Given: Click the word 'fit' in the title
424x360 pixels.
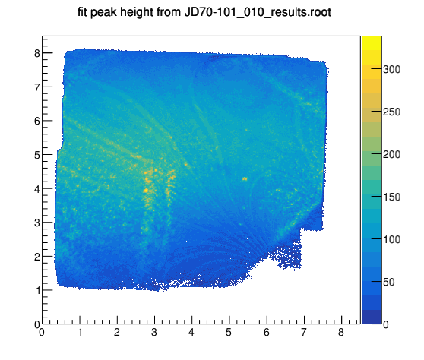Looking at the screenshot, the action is (x=83, y=12).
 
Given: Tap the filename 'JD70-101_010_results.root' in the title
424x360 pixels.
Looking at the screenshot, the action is (x=258, y=13).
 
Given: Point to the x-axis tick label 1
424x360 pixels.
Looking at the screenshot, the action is (x=80, y=332).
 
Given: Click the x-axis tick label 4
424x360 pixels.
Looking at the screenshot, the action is (x=191, y=332).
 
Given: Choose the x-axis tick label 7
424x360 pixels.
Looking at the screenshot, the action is (x=304, y=332).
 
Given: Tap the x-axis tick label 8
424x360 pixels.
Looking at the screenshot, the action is (x=341, y=332).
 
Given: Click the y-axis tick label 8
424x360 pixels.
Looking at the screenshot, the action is (x=37, y=53).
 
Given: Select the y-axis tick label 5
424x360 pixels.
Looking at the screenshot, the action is (x=37, y=155).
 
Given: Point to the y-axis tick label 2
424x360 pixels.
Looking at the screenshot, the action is (x=37, y=257).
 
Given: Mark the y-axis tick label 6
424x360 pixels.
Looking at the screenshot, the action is (x=37, y=121).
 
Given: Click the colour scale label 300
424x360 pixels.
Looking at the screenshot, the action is (x=392, y=69).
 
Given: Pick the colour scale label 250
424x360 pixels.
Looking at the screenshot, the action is (x=392, y=112).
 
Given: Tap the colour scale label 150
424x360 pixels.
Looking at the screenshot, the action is (x=392, y=197).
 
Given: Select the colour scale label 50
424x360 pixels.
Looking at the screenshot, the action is (x=389, y=283).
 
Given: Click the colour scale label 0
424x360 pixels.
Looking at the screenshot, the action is (x=386, y=324).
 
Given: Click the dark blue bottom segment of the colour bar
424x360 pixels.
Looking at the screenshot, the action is (x=372, y=317).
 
